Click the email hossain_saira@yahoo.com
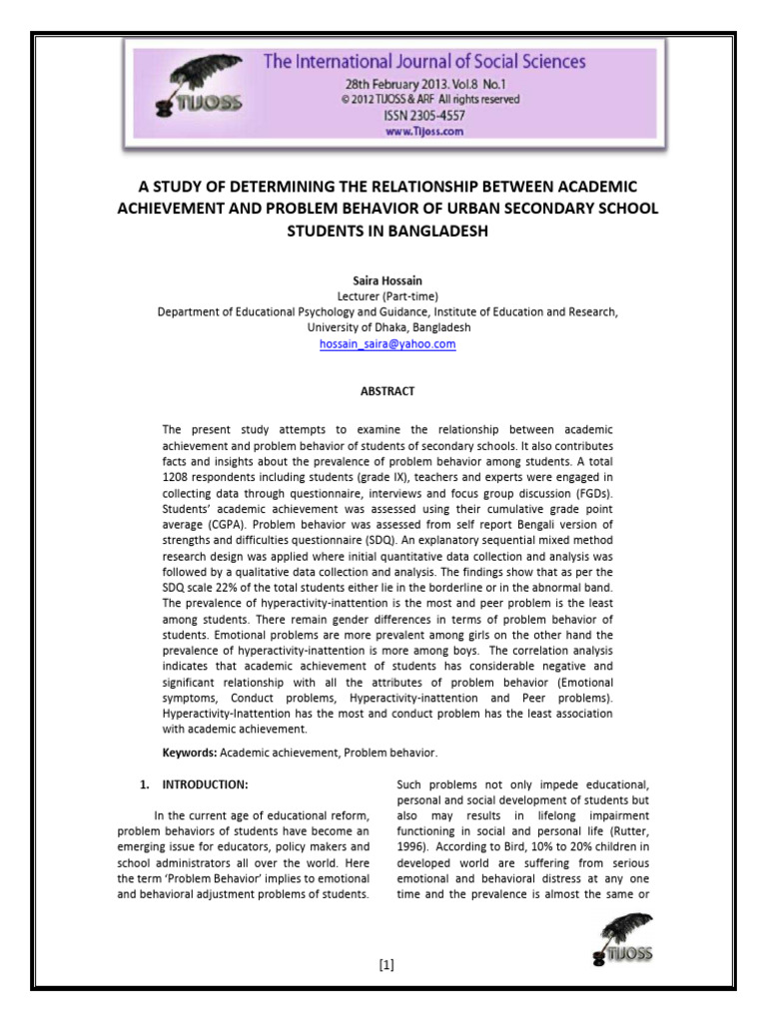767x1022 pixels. click(x=387, y=343)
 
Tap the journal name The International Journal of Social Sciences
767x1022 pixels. click(x=423, y=62)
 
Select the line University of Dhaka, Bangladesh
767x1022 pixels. click(x=387, y=327)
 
